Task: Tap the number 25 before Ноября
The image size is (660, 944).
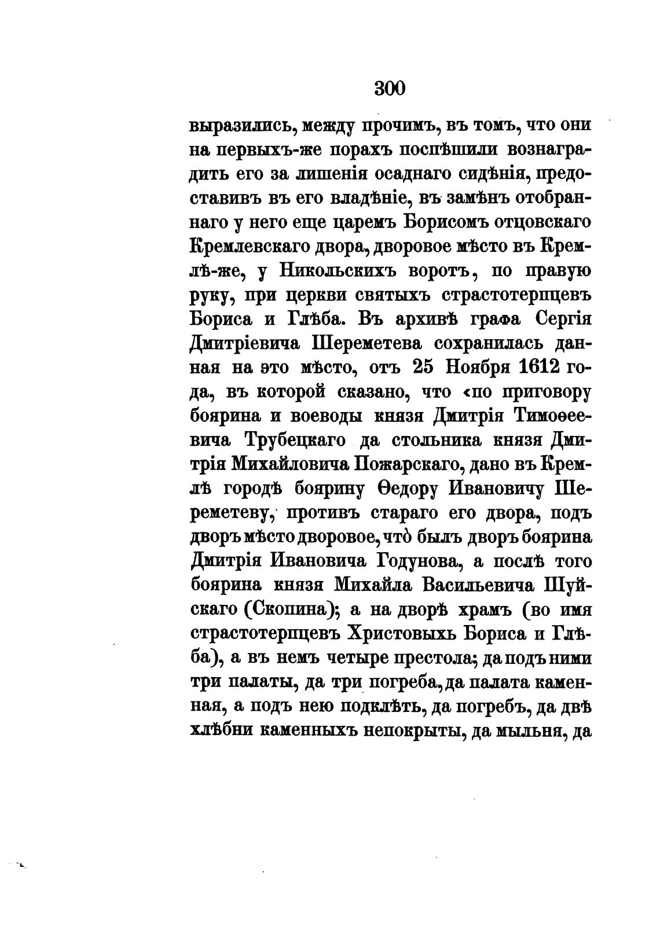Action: point(426,367)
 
